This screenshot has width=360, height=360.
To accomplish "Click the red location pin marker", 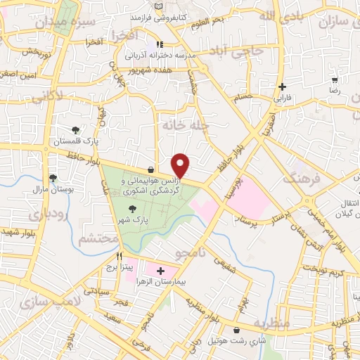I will coord(181,165).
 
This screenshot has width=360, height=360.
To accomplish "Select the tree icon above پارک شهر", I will coord(132,208).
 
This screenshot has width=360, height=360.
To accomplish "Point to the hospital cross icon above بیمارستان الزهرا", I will coord(160,271).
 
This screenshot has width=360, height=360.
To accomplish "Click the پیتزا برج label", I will coord(110,268).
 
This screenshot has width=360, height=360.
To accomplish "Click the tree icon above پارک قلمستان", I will coord(76,129).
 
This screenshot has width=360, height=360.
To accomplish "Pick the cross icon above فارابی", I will coord(283,87).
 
